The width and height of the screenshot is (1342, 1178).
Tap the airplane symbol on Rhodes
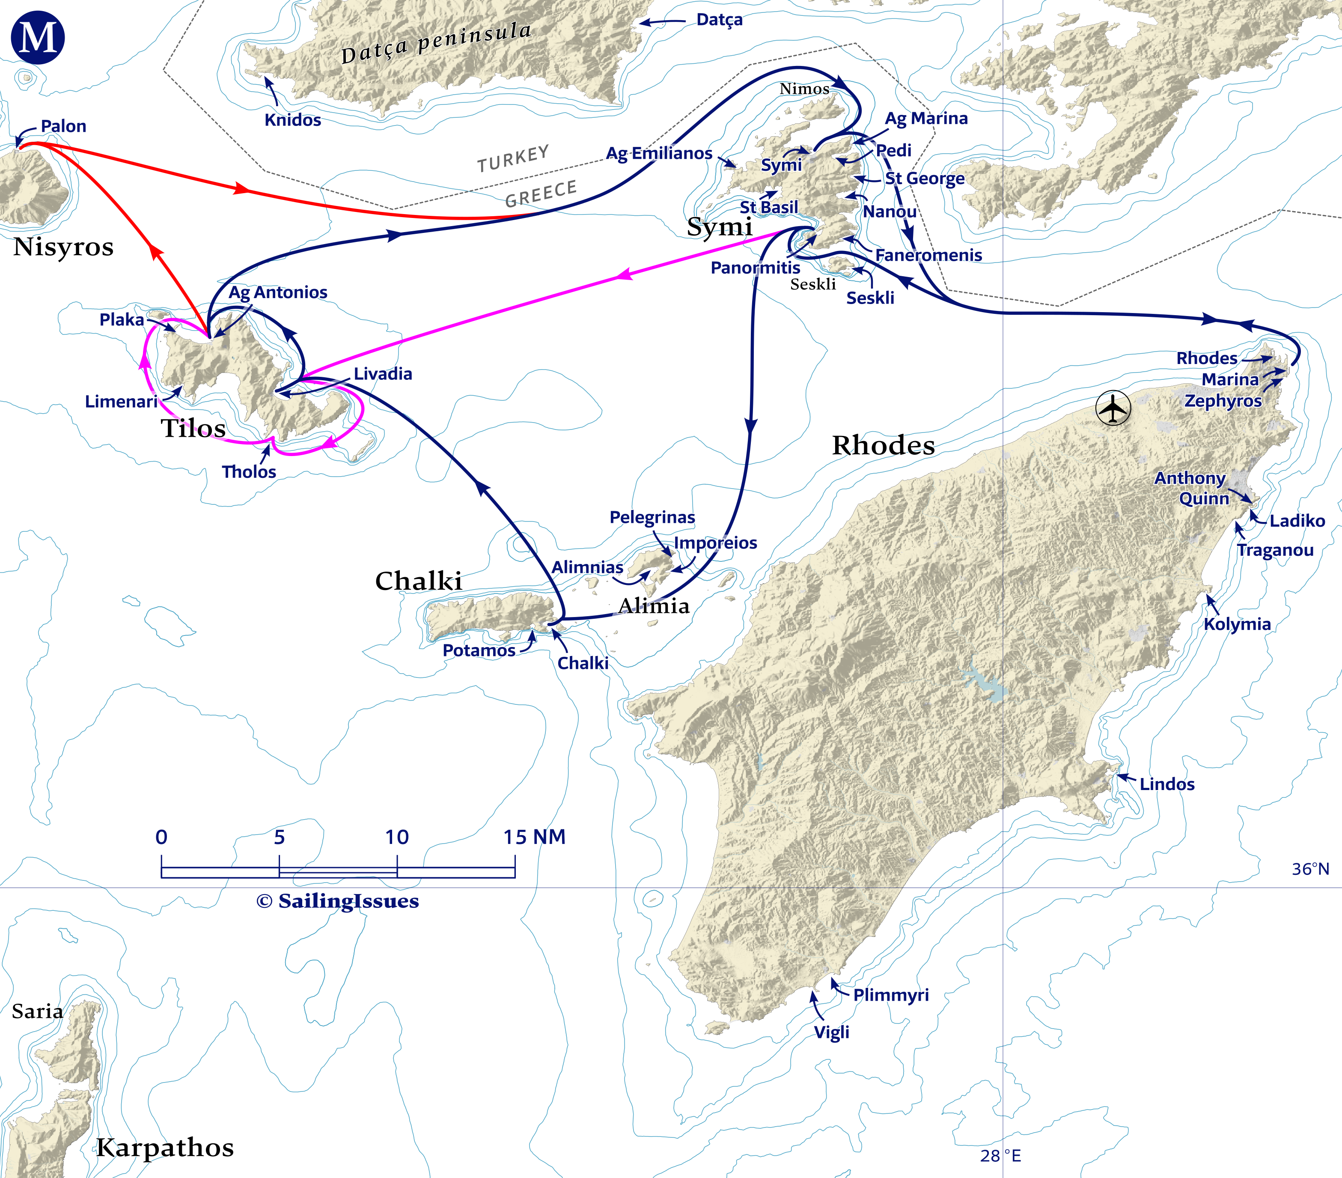[x=1113, y=409]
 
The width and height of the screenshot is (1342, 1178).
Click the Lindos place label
[x=1166, y=784]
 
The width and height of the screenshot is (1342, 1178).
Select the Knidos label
[x=293, y=120]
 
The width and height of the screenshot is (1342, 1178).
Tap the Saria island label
[x=37, y=1011]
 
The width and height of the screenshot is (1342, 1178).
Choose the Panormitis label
[x=755, y=268]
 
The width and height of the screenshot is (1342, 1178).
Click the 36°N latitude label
[x=1310, y=869]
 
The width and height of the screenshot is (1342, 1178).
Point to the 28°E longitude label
[x=1000, y=1156]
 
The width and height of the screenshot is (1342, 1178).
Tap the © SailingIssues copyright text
[x=337, y=901]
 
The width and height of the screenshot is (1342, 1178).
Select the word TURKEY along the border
[x=513, y=158]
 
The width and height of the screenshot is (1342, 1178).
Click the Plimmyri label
[x=890, y=995]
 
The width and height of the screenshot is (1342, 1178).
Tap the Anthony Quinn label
[x=1190, y=488]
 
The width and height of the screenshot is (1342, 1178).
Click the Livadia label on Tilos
[x=383, y=374]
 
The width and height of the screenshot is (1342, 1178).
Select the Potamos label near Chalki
[x=479, y=651]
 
